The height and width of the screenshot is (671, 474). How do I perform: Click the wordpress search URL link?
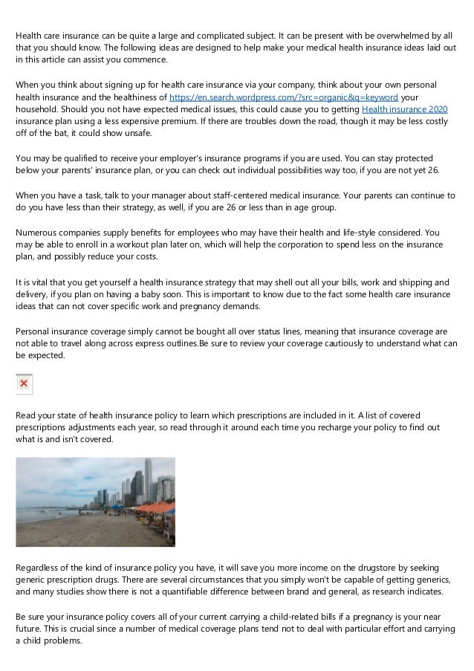click(284, 97)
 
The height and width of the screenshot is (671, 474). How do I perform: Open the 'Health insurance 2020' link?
click(405, 109)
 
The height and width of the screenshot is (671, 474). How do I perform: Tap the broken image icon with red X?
click(24, 383)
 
